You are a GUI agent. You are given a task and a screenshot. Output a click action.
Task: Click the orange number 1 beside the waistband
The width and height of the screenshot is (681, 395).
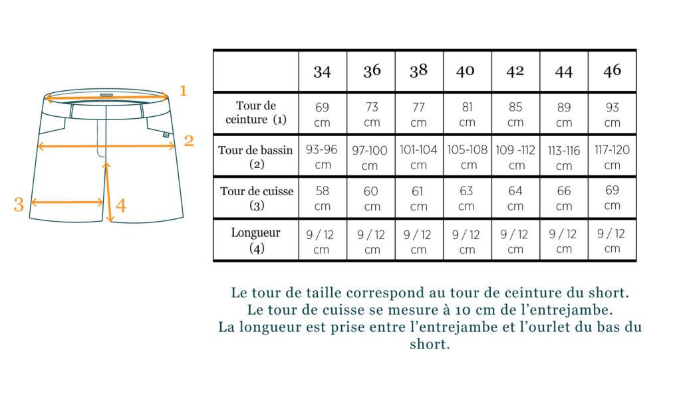point(184,90)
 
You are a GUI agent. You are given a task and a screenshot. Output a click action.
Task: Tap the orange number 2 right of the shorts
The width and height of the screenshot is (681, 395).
point(189,141)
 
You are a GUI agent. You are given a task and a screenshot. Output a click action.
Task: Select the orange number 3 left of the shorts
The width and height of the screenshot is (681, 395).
point(19,204)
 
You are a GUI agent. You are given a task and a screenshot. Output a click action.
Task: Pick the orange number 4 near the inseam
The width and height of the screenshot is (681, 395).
point(121,206)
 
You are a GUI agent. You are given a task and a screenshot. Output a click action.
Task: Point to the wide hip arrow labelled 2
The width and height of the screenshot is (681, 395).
point(106,146)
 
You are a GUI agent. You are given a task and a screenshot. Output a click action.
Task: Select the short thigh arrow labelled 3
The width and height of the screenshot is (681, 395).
point(67,202)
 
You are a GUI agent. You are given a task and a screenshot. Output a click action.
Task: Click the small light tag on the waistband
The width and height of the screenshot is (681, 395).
point(106,95)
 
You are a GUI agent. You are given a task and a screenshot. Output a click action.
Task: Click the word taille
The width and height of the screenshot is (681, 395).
point(324,292)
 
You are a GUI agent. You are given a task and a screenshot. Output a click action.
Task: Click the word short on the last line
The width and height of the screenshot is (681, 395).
point(429,345)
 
